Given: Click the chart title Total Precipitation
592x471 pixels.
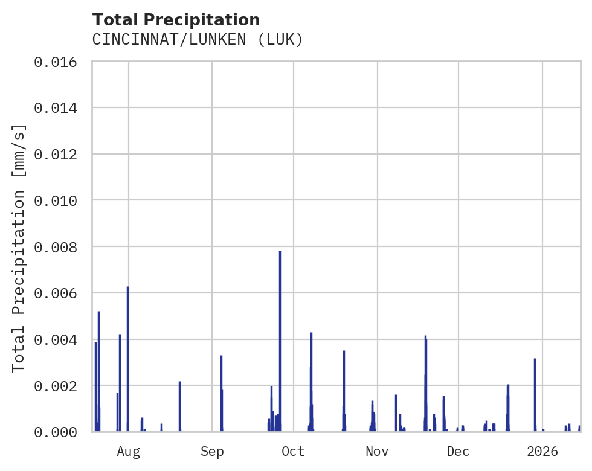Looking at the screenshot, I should tap(176, 20).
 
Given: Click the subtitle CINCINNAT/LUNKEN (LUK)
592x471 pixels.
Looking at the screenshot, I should tap(197, 40).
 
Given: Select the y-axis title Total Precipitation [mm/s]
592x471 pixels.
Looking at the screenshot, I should tap(19, 247).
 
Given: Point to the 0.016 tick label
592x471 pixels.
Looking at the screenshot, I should tap(56, 62).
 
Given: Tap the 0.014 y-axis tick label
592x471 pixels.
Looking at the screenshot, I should tap(56, 108).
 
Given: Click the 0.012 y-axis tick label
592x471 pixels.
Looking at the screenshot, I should tap(56, 154).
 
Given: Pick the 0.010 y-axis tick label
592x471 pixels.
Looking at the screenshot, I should tap(56, 200).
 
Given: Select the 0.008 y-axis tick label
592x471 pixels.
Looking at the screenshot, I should tap(56, 247).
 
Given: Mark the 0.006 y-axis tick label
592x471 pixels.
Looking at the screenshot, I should tap(56, 293).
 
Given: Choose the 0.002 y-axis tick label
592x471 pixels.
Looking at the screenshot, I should tap(56, 386).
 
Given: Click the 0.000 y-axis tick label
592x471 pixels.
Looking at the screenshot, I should tap(56, 432).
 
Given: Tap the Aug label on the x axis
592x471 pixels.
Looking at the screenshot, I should tap(128, 451).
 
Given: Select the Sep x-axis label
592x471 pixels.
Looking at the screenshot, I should tap(212, 451).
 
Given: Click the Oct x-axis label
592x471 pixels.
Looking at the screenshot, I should tap(293, 451).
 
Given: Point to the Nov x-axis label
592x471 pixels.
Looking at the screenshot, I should tap(377, 451).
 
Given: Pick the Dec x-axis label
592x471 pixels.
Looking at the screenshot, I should tap(458, 451).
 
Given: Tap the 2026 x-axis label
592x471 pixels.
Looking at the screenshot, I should tap(542, 451).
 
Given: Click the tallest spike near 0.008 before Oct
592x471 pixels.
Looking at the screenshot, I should tap(280, 338).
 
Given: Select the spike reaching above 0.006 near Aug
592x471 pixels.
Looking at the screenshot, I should tap(127, 356).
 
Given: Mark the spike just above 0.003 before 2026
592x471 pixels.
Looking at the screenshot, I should tap(535, 392).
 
